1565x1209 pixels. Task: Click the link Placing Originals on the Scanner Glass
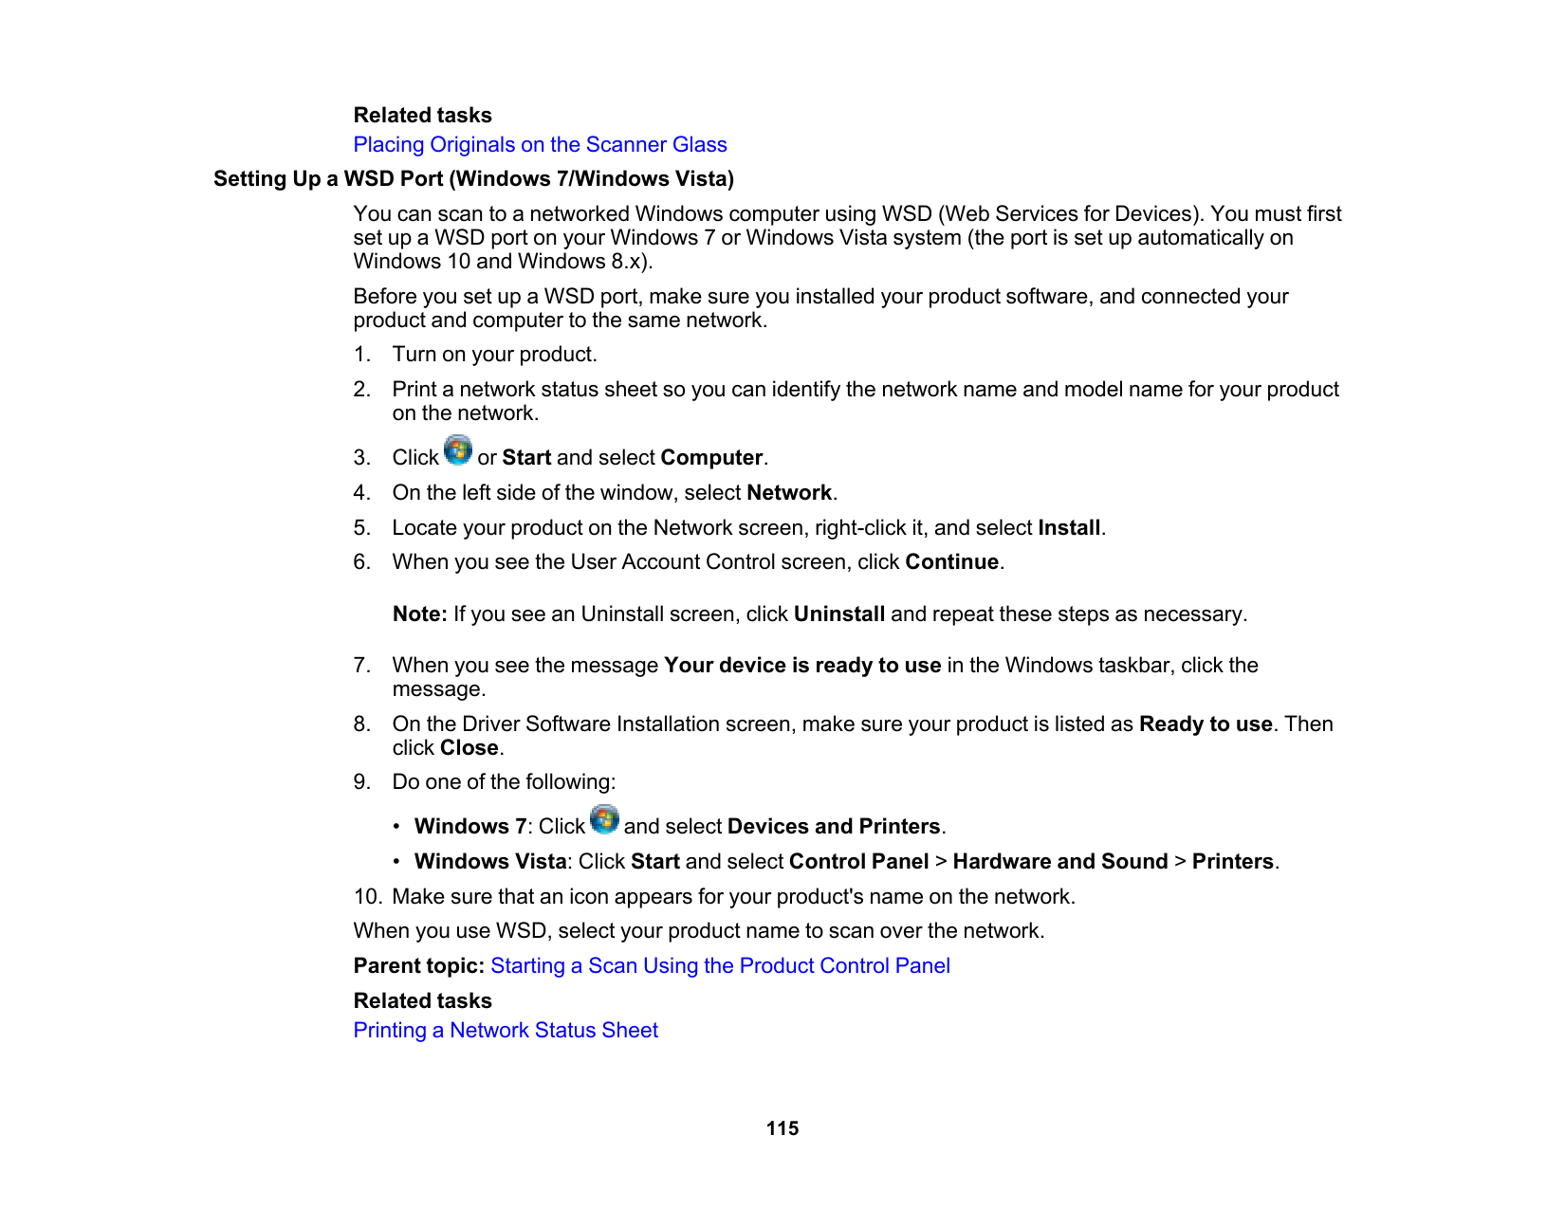(x=540, y=144)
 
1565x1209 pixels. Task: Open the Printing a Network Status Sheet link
(x=506, y=1030)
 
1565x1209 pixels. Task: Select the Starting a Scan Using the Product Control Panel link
(x=720, y=965)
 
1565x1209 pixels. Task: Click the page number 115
(x=782, y=1128)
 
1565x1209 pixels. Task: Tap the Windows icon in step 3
(x=458, y=450)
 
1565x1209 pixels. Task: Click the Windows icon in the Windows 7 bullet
(x=604, y=819)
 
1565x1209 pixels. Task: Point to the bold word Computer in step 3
(x=711, y=458)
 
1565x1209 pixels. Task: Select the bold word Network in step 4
(x=789, y=493)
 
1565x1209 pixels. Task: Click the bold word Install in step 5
(x=1069, y=528)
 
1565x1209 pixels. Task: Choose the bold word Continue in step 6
(x=951, y=562)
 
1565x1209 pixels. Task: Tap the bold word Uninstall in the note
(x=839, y=614)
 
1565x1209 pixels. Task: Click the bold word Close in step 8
(x=469, y=748)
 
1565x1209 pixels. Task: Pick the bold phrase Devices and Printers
(x=834, y=827)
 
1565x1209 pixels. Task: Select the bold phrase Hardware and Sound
(x=1059, y=862)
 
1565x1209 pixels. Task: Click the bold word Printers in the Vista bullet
(x=1232, y=862)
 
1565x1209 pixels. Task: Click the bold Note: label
(x=419, y=614)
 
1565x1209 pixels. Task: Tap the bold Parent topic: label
(x=418, y=966)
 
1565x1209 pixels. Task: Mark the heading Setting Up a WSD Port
(x=473, y=179)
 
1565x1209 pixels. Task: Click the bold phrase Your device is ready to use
(x=802, y=666)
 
